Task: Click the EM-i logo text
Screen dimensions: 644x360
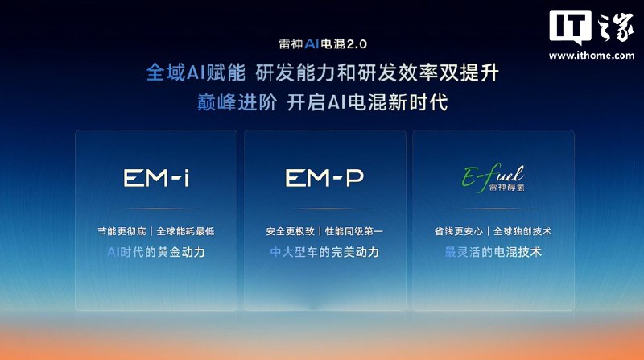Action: click(156, 178)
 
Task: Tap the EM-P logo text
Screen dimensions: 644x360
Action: click(324, 178)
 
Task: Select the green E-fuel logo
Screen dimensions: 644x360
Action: click(493, 177)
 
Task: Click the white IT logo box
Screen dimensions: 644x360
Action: click(571, 27)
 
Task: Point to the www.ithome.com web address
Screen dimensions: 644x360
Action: click(592, 55)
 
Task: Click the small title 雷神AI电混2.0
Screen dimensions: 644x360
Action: click(323, 44)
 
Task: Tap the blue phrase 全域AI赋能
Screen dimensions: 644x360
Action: click(196, 73)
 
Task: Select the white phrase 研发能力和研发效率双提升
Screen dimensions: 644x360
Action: click(377, 73)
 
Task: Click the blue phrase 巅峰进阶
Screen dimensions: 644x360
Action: click(237, 102)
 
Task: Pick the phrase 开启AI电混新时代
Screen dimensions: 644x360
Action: click(367, 102)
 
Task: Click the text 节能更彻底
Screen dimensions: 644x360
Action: click(122, 231)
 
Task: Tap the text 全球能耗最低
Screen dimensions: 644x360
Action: click(186, 231)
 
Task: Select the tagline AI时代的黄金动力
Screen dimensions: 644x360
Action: click(156, 252)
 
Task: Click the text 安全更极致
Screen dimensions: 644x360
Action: click(291, 231)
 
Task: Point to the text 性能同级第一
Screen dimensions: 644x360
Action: click(354, 231)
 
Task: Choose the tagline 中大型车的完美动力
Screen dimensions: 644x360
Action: click(324, 252)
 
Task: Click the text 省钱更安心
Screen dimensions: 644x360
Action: click(459, 231)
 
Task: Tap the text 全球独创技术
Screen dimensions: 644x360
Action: click(522, 231)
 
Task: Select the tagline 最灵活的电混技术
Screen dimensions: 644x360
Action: click(493, 252)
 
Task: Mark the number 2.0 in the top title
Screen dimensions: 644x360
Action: click(357, 44)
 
